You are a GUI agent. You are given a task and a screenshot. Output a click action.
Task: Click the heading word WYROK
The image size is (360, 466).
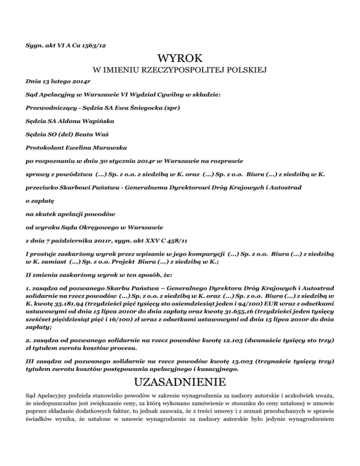point(180,59)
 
